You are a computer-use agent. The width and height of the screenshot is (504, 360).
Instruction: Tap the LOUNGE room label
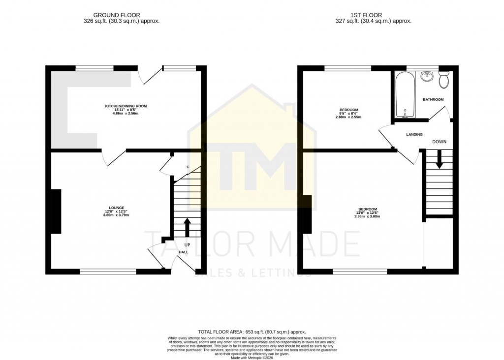click(117, 207)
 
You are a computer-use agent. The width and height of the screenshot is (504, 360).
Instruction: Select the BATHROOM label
click(433, 99)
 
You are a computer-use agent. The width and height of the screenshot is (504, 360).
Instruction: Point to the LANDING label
click(414, 134)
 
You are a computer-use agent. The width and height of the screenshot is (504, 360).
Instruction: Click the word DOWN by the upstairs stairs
click(439, 142)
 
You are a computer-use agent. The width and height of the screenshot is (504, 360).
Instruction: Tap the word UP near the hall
click(187, 244)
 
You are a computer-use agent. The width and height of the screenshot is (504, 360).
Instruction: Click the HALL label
click(183, 252)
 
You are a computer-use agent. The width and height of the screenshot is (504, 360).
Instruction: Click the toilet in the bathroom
click(443, 80)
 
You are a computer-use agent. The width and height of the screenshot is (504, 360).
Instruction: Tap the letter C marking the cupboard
click(188, 167)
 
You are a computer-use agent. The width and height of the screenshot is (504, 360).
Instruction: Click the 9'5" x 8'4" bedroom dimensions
click(348, 113)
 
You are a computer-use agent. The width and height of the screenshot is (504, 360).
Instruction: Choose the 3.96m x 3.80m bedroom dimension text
click(367, 217)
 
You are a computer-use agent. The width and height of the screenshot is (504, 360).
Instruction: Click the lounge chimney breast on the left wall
click(56, 211)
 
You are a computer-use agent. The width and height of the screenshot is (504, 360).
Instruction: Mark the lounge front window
click(108, 270)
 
